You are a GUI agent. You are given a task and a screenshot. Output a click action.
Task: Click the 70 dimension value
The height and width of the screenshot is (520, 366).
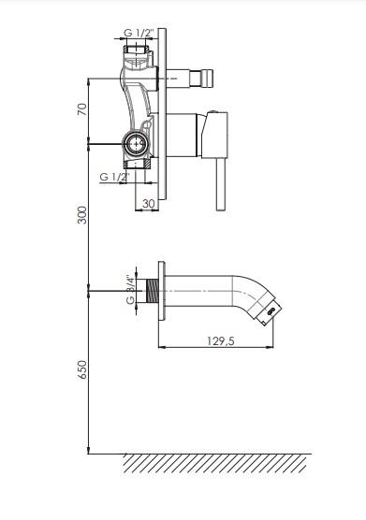click(82, 108)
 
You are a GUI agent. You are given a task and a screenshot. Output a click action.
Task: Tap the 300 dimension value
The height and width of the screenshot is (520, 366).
click(82, 215)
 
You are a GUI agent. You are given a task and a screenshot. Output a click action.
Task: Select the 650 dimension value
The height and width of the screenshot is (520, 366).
click(82, 369)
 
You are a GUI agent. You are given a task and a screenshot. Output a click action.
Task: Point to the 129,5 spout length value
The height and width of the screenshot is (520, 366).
click(221, 340)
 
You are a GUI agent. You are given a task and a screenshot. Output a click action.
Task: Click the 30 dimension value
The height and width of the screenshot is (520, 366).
click(148, 204)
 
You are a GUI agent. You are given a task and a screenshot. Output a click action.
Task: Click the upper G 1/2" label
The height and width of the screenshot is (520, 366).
click(139, 33)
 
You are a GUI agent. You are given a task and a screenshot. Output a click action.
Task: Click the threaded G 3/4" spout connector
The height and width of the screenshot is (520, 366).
click(152, 291)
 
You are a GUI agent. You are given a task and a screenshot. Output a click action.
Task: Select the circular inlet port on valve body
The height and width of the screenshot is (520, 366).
click(135, 144)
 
